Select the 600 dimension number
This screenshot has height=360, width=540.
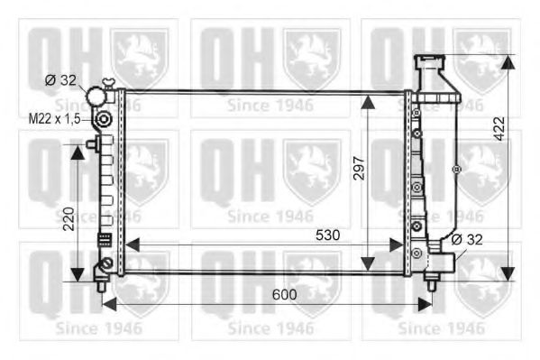(286, 294)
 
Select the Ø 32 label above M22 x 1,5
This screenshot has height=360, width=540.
(60, 80)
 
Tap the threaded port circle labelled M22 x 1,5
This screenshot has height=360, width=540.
(105, 119)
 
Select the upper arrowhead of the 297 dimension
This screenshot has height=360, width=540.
(370, 100)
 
